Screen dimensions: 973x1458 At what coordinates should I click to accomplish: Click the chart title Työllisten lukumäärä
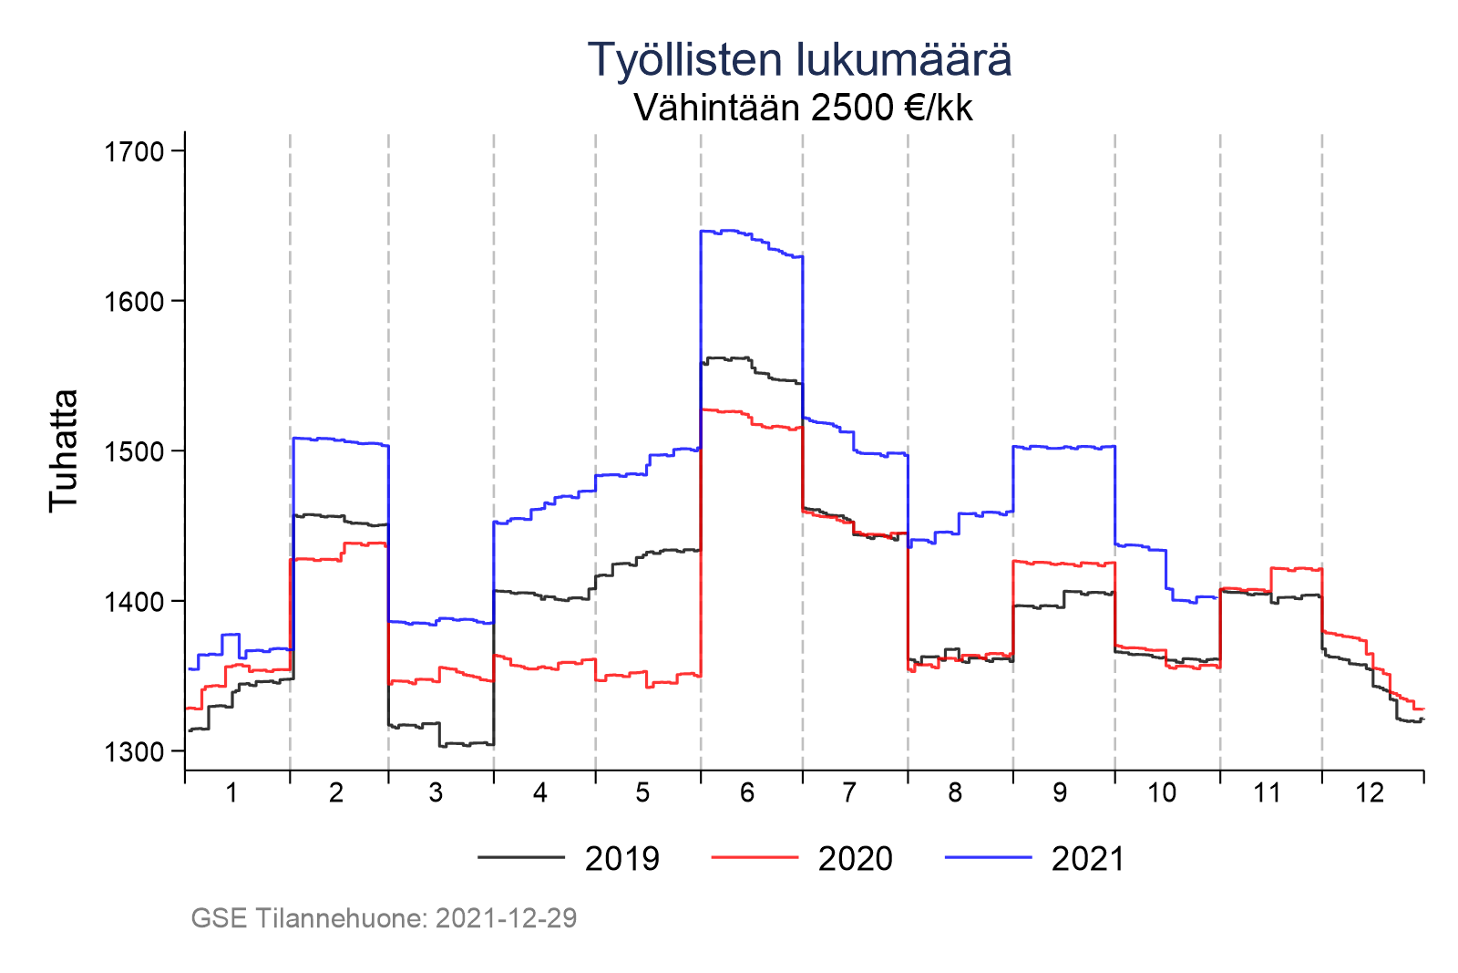click(799, 60)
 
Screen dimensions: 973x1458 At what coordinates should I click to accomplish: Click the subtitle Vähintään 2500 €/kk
click(803, 108)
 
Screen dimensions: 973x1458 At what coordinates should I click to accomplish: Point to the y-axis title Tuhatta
click(64, 450)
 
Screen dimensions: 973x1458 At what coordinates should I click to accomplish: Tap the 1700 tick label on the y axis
click(133, 151)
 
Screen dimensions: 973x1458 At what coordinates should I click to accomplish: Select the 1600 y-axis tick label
click(133, 302)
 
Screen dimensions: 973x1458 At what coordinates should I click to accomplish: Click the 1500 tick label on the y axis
click(133, 451)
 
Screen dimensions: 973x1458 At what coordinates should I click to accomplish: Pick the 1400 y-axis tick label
click(133, 602)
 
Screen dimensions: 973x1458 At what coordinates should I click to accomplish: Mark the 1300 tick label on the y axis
click(133, 751)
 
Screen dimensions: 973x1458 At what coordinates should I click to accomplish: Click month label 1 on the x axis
click(231, 793)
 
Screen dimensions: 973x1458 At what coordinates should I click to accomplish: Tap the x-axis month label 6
click(747, 793)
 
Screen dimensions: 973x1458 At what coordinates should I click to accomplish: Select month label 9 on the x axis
click(1060, 793)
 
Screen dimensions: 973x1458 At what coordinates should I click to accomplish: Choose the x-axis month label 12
click(1370, 793)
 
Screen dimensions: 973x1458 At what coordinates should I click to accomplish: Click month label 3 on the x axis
click(436, 793)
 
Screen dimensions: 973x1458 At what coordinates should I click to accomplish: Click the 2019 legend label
click(622, 859)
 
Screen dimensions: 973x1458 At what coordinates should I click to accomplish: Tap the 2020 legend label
click(856, 859)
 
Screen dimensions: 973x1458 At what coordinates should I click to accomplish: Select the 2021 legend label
click(1088, 859)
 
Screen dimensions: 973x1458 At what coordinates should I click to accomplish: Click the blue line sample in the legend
click(988, 857)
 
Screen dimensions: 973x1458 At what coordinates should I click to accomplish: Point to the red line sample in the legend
click(755, 857)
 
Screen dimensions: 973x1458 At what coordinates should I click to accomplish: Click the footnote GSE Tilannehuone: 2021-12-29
click(384, 918)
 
